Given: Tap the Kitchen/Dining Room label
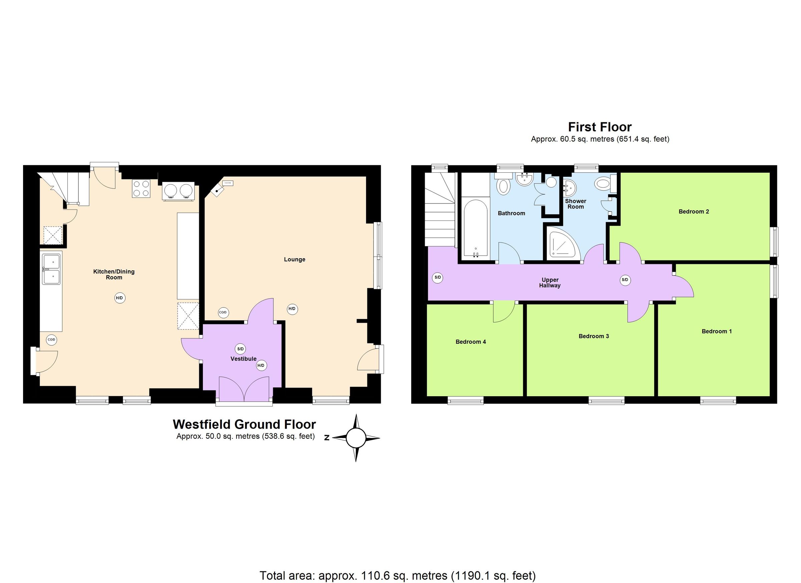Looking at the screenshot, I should click(x=114, y=274).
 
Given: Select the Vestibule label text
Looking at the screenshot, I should click(x=243, y=359).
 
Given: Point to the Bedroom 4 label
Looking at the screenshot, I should click(x=471, y=342).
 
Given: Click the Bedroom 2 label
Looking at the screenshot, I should click(x=694, y=212).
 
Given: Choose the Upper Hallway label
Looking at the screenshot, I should click(x=550, y=283).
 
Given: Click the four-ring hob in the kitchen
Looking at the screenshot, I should click(x=141, y=188).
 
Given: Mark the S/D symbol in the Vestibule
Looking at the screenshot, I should click(x=240, y=349).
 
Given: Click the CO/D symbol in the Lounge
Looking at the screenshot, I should click(x=223, y=312).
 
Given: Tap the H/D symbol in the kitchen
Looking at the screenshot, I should click(x=120, y=298).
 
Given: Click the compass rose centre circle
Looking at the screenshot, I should click(x=356, y=438).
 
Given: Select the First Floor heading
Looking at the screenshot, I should click(x=600, y=127).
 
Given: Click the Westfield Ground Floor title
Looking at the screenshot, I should click(x=244, y=424).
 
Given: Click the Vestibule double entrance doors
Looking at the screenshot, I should click(x=244, y=389).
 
